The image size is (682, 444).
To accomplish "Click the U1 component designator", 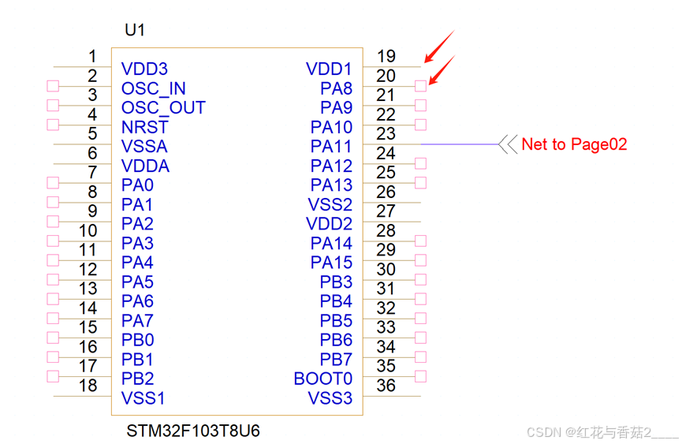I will tap(135, 31).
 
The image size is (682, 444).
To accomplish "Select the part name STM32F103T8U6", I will tap(193, 431).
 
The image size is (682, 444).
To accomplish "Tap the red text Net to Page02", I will tap(574, 144).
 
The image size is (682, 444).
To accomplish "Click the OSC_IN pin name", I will tap(154, 88).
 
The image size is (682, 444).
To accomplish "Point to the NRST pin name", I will tap(145, 127).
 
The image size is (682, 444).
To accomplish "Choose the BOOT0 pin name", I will tap(322, 379).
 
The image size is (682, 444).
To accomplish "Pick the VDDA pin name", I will tap(145, 166).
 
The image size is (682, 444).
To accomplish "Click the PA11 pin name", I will tap(331, 147).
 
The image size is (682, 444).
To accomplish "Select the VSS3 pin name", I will tap(330, 398).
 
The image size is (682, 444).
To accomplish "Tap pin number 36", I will tap(386, 386).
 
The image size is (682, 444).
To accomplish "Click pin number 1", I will tap(92, 57).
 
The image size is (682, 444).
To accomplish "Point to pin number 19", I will tap(386, 57).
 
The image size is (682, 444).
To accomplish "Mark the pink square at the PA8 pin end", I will tap(420, 86).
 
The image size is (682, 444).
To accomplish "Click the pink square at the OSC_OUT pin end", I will tap(53, 105).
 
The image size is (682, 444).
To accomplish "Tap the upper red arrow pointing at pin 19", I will tap(439, 46).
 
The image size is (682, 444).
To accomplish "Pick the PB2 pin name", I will tap(138, 379).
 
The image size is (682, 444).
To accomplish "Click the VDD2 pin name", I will tap(329, 224).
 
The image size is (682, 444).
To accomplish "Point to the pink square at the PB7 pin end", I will tap(420, 357).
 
